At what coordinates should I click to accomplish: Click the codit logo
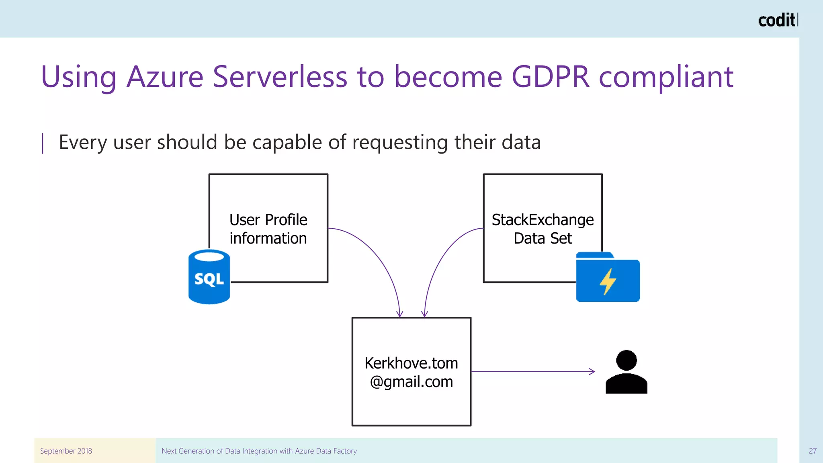(x=777, y=20)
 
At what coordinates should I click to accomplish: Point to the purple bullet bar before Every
(x=43, y=143)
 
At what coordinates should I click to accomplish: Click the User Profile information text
(x=268, y=229)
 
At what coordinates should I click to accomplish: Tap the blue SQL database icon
(x=209, y=277)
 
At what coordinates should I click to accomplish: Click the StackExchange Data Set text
(x=543, y=229)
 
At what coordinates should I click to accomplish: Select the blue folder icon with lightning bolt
(x=608, y=277)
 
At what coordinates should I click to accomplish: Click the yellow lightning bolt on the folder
(x=608, y=281)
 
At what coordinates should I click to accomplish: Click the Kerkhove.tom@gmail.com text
(x=411, y=372)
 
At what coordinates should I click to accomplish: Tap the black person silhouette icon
(x=626, y=374)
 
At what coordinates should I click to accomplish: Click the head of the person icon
(x=626, y=360)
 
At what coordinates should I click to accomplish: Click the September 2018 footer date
(x=66, y=451)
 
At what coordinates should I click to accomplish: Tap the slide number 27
(x=813, y=451)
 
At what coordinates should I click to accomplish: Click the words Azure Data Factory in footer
(x=326, y=451)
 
